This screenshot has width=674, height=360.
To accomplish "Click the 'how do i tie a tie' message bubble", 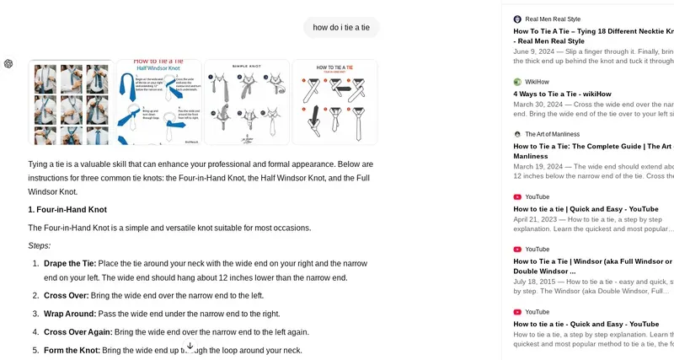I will coord(341,28).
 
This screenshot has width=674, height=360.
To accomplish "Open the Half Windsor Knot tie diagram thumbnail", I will coord(158,102).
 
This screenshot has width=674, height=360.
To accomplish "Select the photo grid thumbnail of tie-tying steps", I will coord(71,102).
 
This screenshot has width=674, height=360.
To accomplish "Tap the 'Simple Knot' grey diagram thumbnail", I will coord(246,102).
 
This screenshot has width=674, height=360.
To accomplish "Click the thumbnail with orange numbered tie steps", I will coord(334,102).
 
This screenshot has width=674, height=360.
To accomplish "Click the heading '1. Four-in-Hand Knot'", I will coord(67,209).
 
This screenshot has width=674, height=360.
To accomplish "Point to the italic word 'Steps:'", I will coord(40,245).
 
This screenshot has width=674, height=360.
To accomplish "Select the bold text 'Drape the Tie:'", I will coord(70,263).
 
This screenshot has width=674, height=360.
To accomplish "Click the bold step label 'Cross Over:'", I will coord(66,295).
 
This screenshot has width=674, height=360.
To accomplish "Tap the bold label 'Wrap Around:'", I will coord(70,314).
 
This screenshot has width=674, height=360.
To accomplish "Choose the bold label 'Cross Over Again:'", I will coord(78,332).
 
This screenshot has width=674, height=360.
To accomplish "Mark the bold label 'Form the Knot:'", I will coord(72,350).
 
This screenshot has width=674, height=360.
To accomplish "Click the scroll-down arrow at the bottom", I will coord(190,346).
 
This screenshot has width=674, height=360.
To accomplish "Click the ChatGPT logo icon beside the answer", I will coord(8,64).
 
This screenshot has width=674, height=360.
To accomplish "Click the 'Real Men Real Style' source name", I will coord(553,19).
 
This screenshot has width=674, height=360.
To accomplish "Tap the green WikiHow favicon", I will coord(517,82).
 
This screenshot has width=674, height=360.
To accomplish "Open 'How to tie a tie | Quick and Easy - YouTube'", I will coord(586,208).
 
